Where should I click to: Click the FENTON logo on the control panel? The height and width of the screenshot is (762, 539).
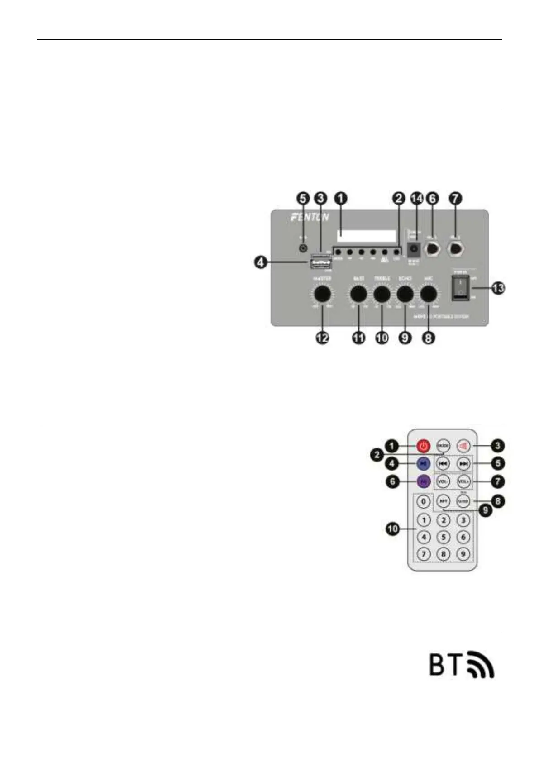pos(310,218)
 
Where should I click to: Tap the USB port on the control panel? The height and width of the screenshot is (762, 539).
pos(321,262)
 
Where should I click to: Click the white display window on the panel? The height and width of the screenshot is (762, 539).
pos(366,235)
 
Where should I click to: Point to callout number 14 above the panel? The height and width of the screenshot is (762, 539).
pos(416,198)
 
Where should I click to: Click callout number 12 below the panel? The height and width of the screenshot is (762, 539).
pos(322,338)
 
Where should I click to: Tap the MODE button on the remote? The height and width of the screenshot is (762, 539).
pos(444,446)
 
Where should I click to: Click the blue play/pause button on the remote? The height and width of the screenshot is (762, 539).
pos(423,463)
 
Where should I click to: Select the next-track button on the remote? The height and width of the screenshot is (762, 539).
pos(463,464)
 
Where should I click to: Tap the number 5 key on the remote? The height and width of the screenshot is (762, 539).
pos(444,537)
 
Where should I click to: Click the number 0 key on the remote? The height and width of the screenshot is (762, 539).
pos(423,501)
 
